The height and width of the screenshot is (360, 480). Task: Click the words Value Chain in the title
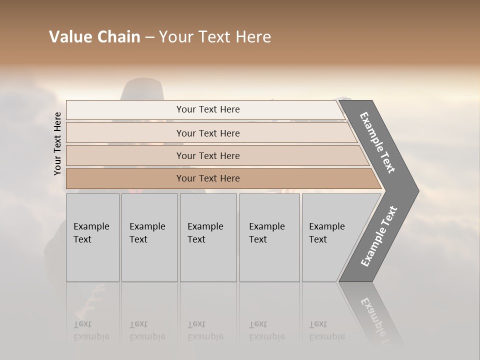pyautogui.click(x=94, y=37)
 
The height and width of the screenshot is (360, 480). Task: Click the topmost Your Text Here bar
pyautogui.click(x=207, y=109)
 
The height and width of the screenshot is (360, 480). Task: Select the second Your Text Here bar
pyautogui.click(x=207, y=133)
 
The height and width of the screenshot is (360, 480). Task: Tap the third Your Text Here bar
pyautogui.click(x=207, y=155)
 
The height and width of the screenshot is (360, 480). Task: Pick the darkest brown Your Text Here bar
pyautogui.click(x=207, y=178)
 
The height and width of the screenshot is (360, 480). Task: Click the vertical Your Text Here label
pyautogui.click(x=57, y=144)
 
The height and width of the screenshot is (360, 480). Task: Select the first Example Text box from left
pyautogui.click(x=92, y=237)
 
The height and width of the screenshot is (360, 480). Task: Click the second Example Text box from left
pyautogui.click(x=149, y=237)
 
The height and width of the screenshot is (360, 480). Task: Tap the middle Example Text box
pyautogui.click(x=208, y=237)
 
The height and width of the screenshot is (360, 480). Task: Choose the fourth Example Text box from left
pyautogui.click(x=269, y=237)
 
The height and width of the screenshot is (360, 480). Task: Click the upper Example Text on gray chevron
pyautogui.click(x=377, y=142)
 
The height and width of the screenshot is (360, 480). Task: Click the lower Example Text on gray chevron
pyautogui.click(x=379, y=236)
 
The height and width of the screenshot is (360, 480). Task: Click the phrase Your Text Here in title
pyautogui.click(x=215, y=37)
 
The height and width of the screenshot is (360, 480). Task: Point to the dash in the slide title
pyautogui.click(x=149, y=37)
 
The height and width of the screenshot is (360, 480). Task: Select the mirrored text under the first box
pyautogui.click(x=91, y=330)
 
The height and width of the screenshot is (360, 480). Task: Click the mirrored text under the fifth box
pyautogui.click(x=326, y=330)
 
